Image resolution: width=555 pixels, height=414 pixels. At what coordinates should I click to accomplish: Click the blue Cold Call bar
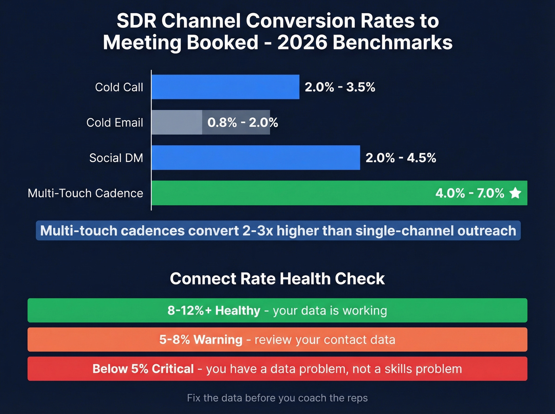click(x=225, y=87)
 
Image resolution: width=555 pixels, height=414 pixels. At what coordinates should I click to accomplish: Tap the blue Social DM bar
click(x=256, y=158)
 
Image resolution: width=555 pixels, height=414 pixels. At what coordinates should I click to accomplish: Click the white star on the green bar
click(x=515, y=193)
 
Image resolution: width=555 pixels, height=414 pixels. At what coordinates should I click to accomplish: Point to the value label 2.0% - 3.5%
click(x=340, y=87)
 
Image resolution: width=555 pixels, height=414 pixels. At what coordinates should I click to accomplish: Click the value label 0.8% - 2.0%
click(x=243, y=122)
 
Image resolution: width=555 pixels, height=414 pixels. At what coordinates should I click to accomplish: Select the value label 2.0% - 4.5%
click(x=400, y=158)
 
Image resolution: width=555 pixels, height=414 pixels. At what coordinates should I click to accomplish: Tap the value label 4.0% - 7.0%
click(x=469, y=193)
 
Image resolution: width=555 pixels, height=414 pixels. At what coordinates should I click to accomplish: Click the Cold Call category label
click(x=119, y=87)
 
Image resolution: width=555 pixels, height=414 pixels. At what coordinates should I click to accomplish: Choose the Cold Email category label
click(x=115, y=122)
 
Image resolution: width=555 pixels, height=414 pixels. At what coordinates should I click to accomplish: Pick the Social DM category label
click(x=116, y=158)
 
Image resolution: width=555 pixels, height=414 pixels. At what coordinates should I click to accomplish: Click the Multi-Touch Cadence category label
click(x=85, y=193)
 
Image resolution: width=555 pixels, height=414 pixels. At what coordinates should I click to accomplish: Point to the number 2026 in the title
click(x=302, y=43)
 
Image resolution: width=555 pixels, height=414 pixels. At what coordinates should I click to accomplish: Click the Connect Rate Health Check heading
click(x=277, y=279)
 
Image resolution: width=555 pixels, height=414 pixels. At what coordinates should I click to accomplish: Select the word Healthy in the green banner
click(x=237, y=311)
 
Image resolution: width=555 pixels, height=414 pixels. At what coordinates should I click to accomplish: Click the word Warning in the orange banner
click(x=218, y=340)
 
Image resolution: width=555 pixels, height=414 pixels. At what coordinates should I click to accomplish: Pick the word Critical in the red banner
click(x=172, y=369)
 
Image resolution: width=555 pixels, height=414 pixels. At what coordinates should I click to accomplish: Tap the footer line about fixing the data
click(x=277, y=398)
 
